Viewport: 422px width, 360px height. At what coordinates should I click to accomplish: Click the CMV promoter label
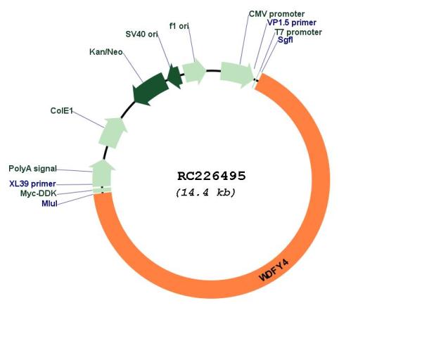point(276,13)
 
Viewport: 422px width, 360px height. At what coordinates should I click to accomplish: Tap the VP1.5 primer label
point(291,22)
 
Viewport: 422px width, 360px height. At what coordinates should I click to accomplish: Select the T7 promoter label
point(298,32)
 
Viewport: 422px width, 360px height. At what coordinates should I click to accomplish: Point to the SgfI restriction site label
point(286,41)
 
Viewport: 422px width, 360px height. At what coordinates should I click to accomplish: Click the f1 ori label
point(179,26)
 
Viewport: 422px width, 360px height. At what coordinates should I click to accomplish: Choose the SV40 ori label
point(141,34)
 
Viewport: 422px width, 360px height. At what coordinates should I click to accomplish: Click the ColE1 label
point(62,110)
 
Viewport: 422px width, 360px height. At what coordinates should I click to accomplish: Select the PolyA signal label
point(32,169)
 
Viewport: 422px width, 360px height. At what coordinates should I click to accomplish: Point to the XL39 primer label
point(32,183)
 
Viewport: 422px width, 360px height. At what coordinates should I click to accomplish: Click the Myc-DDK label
point(38,193)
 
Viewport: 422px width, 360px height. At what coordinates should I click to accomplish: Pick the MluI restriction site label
point(49,203)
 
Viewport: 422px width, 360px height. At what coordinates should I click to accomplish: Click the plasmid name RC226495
point(211,176)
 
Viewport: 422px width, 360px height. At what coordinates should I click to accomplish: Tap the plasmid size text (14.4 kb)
point(205,192)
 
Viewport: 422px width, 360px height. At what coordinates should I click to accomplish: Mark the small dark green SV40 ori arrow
point(174,76)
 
